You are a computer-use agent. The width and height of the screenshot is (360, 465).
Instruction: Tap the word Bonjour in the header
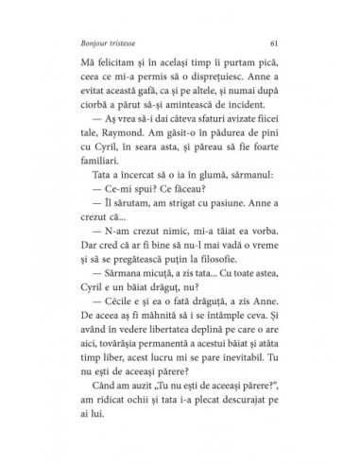coord(85,43)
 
